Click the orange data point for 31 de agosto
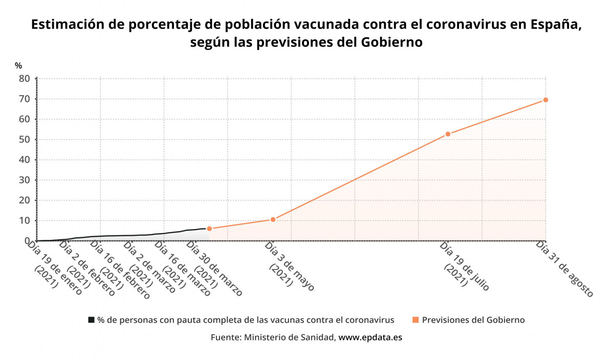click(x=545, y=100)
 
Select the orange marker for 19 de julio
click(x=448, y=134)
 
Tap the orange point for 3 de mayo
click(x=273, y=219)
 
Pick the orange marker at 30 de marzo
click(x=209, y=229)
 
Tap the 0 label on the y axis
click(x=27, y=241)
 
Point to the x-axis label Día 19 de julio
click(x=464, y=266)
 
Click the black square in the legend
click(x=91, y=320)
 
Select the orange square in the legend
click(x=415, y=320)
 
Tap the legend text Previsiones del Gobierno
click(x=473, y=320)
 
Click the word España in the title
click(x=555, y=25)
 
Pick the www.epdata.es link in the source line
click(x=370, y=337)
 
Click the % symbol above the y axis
click(x=18, y=65)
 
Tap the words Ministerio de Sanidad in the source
click(x=290, y=337)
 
